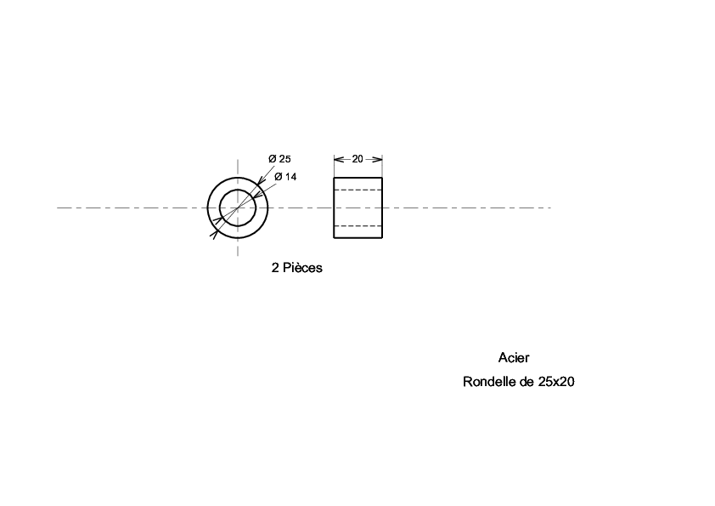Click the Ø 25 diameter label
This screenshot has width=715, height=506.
[x=279, y=159]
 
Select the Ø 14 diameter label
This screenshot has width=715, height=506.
[x=285, y=177]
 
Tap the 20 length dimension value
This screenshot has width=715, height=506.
[x=357, y=159]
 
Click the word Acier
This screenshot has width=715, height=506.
[x=514, y=357]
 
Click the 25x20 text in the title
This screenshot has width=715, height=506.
[x=556, y=381]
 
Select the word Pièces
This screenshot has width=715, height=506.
[x=303, y=268]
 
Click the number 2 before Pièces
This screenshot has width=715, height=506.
[x=275, y=268]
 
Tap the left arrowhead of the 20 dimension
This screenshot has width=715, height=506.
[x=339, y=159]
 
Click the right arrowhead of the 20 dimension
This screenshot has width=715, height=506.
[x=377, y=159]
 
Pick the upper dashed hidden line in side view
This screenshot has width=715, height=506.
[x=358, y=190]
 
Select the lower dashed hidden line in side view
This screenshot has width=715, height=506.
[x=358, y=226]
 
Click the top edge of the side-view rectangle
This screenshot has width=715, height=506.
[x=358, y=178]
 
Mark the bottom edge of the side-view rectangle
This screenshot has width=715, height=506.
[x=358, y=238]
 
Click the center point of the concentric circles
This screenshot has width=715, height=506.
[x=238, y=208]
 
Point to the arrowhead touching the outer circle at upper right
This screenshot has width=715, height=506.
[x=260, y=181]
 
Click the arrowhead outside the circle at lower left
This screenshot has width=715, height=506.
[x=214, y=234]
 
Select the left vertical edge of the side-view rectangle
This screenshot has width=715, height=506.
[x=334, y=208]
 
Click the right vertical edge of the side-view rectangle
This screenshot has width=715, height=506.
[x=382, y=208]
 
